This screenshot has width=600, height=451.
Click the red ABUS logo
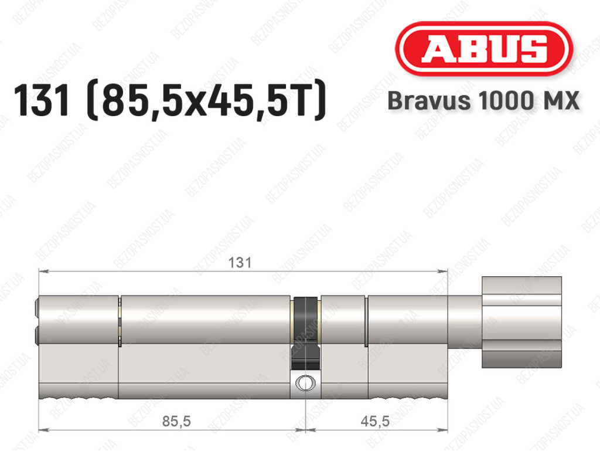click(483, 49)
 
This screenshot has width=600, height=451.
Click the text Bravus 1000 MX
click(483, 101)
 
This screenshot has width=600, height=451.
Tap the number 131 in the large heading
click(42, 100)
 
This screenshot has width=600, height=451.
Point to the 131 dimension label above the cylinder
click(240, 263)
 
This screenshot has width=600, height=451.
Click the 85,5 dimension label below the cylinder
click(176, 421)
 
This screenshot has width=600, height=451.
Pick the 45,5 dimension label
click(375, 421)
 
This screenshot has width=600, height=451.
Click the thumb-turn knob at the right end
click(521, 322)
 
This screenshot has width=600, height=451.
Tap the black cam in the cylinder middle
click(305, 333)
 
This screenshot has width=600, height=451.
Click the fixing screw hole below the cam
click(305, 382)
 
